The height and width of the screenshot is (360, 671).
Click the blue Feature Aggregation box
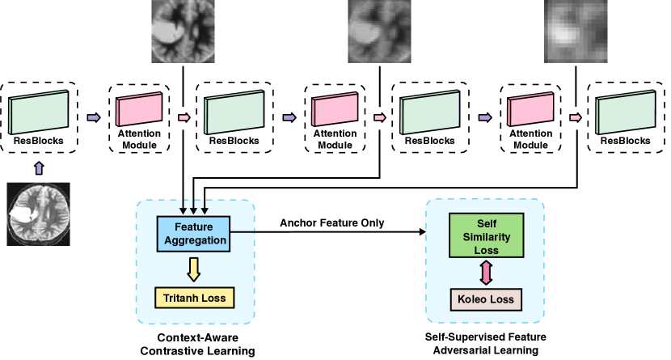coord(193,234)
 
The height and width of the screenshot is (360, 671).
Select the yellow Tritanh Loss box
coord(194,298)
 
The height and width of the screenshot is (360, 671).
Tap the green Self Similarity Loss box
coord(486,235)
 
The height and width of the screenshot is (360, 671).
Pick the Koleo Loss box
coord(486,299)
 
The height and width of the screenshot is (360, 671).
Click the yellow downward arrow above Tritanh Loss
coord(194,269)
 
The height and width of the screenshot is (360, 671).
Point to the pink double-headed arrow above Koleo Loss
coord(486,273)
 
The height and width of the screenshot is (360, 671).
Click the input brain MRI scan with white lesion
coord(39,214)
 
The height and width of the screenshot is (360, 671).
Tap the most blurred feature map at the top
coord(575,32)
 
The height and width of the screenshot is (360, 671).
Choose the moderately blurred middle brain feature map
coord(378,32)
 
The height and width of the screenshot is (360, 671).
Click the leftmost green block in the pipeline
coord(39,112)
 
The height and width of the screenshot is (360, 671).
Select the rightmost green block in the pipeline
coord(626,112)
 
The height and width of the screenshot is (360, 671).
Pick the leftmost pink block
coord(139,110)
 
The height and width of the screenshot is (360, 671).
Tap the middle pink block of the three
coord(335,110)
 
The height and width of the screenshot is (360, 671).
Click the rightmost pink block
coord(530,110)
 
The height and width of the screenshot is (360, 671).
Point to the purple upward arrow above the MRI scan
coord(39,167)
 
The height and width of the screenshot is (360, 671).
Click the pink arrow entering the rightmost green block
coord(576,117)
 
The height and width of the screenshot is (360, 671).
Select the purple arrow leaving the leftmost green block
coord(94,117)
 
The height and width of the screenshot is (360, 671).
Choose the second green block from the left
coord(234,112)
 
